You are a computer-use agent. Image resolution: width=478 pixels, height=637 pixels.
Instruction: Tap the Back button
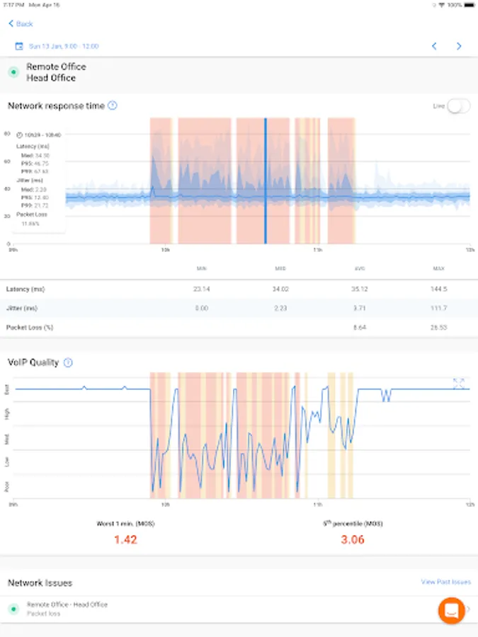21,23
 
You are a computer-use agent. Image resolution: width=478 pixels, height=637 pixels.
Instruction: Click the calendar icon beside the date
19,46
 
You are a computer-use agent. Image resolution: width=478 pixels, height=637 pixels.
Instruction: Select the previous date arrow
434,46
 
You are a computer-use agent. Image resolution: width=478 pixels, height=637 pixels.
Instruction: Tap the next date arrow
459,46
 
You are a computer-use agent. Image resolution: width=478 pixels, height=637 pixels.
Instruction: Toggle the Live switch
458,106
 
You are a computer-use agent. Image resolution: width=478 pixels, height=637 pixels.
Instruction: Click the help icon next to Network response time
113,105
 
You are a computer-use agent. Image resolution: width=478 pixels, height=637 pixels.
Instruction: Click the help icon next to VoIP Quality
68,362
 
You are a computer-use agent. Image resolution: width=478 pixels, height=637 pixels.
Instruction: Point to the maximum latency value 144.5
438,289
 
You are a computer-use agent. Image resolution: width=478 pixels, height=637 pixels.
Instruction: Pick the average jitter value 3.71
359,308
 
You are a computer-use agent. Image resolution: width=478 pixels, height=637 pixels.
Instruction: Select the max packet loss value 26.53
438,328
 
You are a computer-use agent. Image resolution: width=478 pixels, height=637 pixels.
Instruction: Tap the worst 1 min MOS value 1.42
125,539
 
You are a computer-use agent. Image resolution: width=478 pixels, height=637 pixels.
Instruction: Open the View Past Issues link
445,582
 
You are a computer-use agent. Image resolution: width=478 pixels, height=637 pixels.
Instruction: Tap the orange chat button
451,610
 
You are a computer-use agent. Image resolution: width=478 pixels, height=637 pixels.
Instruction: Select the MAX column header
438,268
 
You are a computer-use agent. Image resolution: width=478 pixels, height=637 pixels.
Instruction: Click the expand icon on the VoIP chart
458,383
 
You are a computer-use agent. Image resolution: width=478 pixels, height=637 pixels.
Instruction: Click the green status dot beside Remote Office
13,72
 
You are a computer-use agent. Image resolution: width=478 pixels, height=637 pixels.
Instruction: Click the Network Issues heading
40,583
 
